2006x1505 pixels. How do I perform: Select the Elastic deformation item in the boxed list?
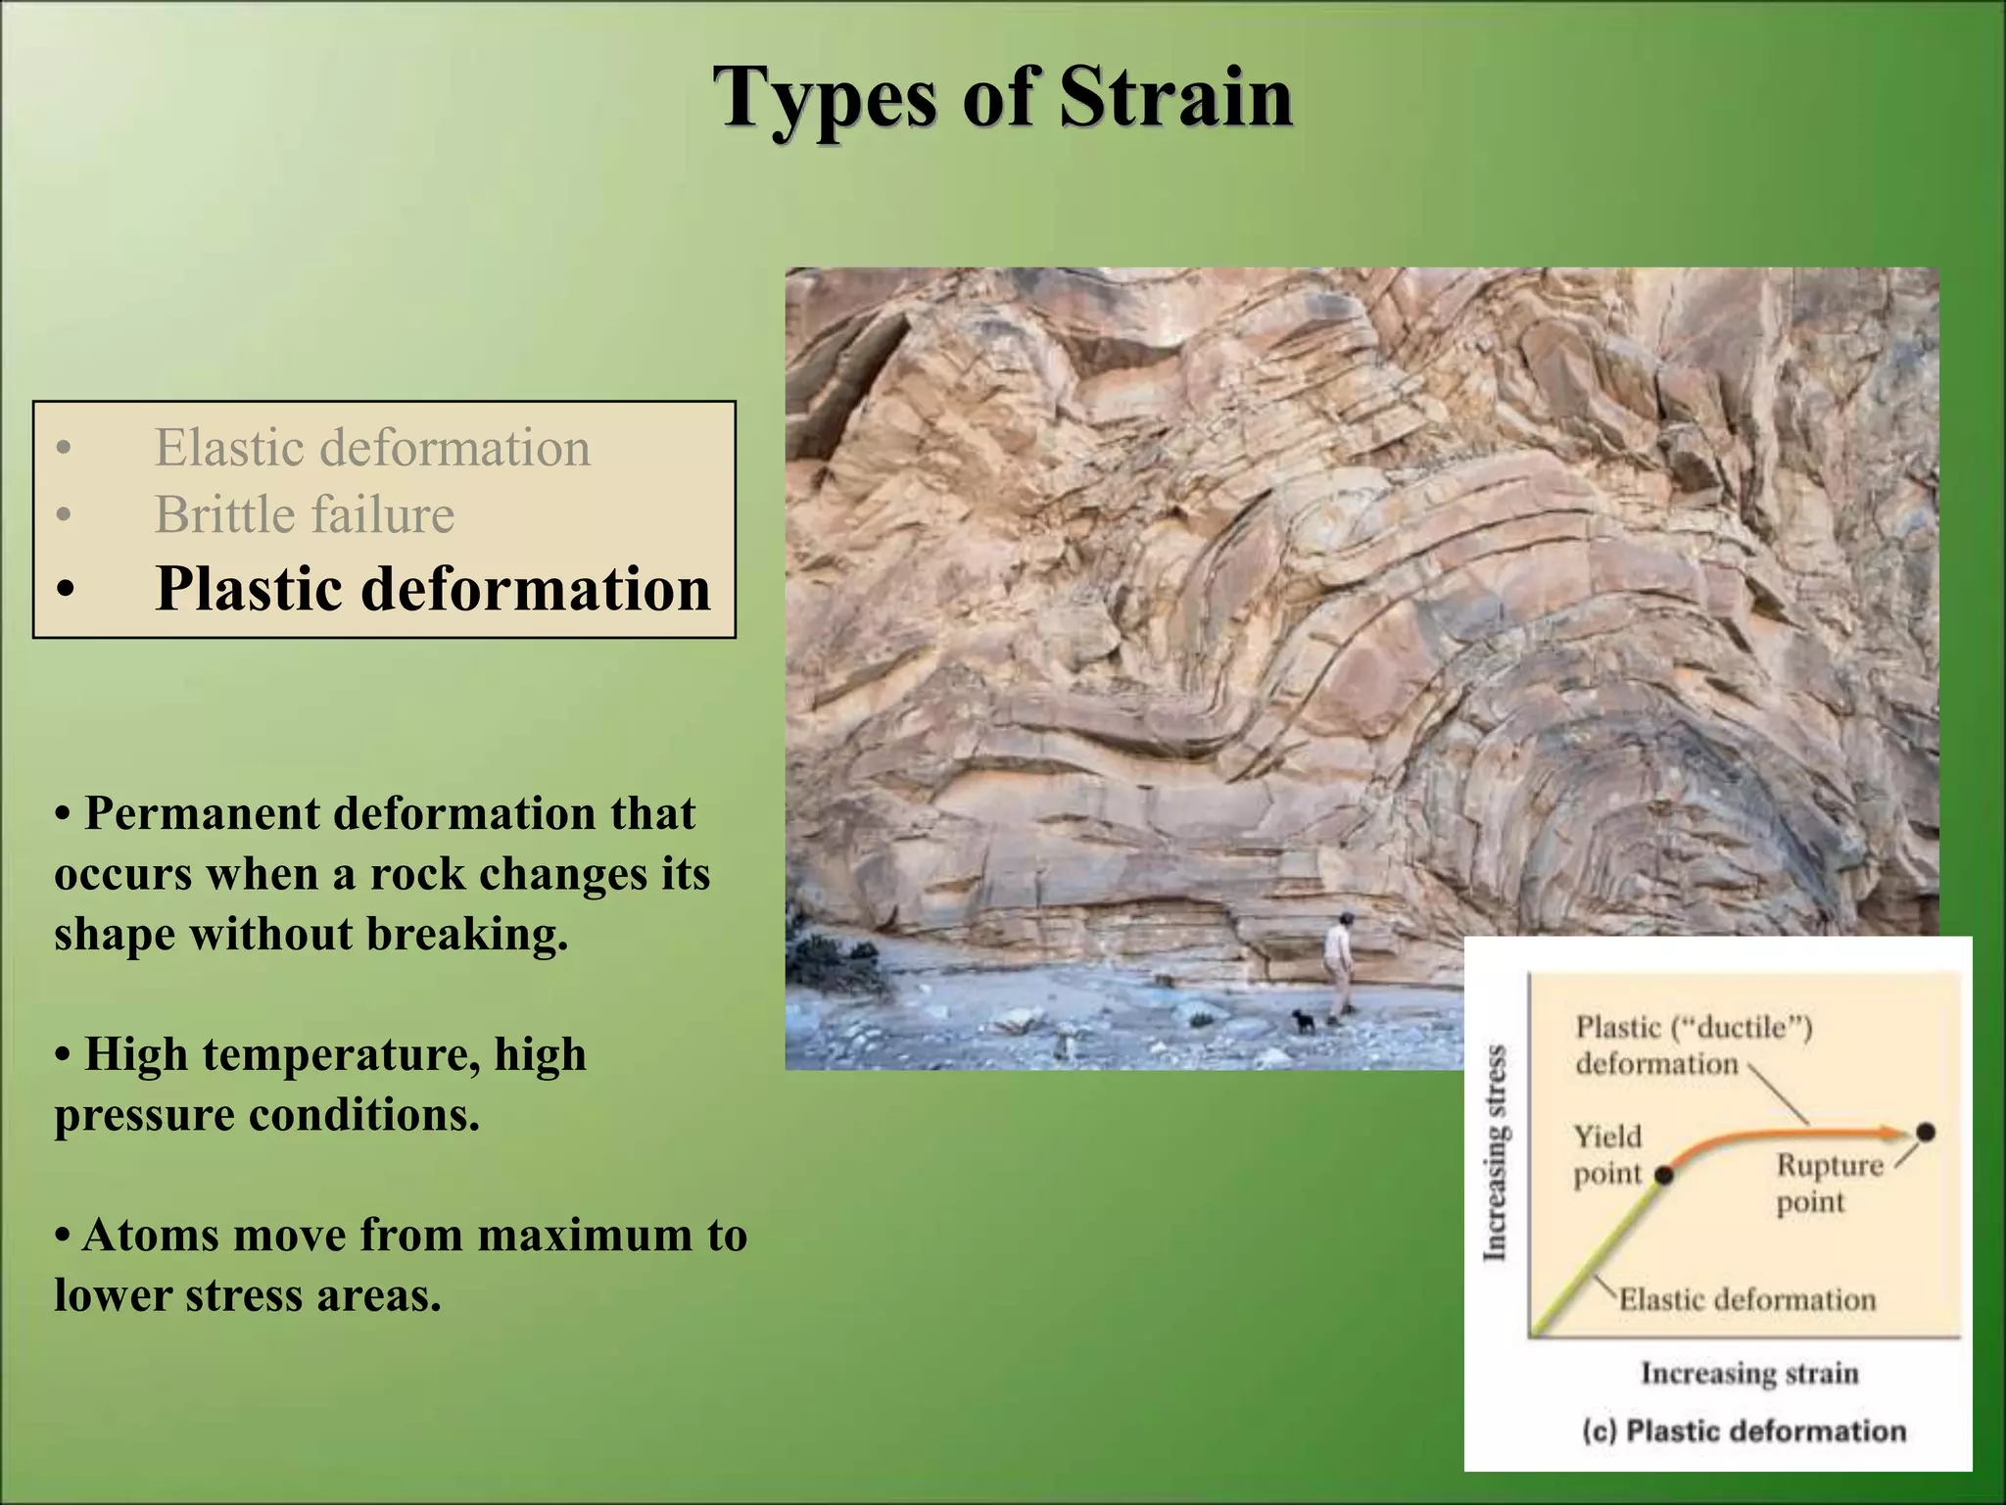372,449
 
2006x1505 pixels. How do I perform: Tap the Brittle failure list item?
305,515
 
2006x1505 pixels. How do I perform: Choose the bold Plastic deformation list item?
432,589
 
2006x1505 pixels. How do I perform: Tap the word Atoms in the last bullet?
150,1235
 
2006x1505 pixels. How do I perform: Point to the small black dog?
1304,1021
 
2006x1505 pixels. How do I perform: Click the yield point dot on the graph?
1662,1174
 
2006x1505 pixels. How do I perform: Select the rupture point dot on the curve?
1925,1133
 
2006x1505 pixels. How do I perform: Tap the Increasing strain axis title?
1749,1373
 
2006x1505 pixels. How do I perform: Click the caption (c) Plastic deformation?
1744,1431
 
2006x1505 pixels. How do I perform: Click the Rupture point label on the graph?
1828,1183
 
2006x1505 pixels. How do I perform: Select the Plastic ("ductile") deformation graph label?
1692,1044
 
